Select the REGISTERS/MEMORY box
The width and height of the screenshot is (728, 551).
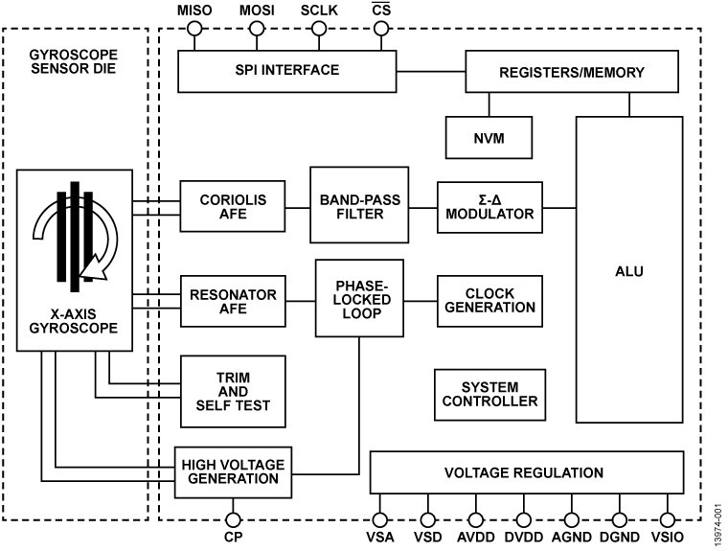(573, 72)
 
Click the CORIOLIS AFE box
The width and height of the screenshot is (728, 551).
(232, 206)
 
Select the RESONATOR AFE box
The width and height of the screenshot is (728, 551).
(233, 301)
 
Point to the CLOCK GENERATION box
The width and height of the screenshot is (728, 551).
(488, 301)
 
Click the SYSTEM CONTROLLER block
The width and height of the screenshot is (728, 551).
(488, 394)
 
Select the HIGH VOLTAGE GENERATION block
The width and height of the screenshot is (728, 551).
(232, 471)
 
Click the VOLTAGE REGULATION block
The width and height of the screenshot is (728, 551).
(528, 473)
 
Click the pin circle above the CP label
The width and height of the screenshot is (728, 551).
(232, 518)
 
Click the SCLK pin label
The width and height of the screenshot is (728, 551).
(319, 10)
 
